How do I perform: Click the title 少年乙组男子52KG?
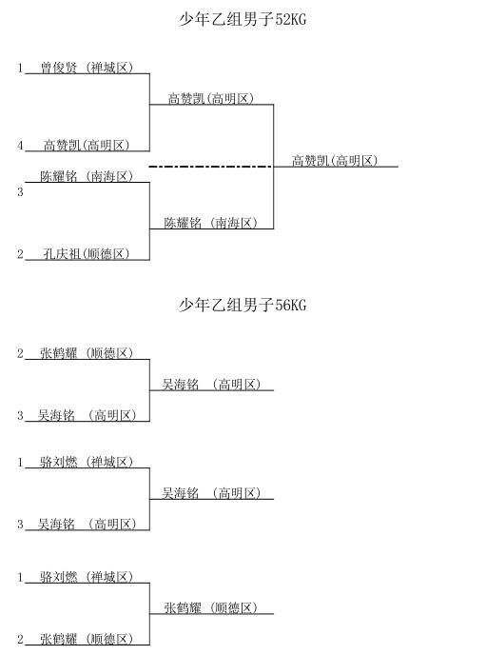point(243,19)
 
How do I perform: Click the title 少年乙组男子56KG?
point(243,305)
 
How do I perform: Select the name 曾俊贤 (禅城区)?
point(87,68)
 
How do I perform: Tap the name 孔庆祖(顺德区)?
point(87,253)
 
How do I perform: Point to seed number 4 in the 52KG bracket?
point(20,146)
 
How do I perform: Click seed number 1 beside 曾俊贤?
point(20,68)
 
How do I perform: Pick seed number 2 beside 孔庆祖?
point(20,254)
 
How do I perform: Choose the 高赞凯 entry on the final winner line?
point(335,160)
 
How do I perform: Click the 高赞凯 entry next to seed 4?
point(87,145)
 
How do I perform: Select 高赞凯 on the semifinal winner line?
point(211,99)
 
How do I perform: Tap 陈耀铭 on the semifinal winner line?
point(211,223)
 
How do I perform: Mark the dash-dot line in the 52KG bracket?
point(211,167)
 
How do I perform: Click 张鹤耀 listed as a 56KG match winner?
point(211,607)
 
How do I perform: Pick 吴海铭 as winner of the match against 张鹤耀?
point(211,385)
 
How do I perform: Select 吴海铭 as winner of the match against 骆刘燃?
point(211,493)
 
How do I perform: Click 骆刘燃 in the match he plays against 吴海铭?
point(87,462)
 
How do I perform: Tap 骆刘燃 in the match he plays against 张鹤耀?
point(87,577)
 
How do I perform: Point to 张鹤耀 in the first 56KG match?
point(87,353)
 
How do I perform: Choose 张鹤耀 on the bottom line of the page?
point(87,639)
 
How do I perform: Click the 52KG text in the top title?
point(291,20)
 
